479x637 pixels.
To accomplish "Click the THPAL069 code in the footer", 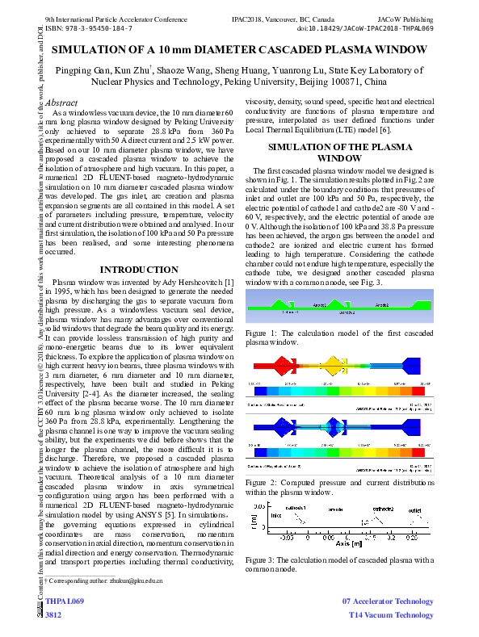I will (x=64, y=602).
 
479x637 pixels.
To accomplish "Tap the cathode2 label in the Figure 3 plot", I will (x=383, y=509).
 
